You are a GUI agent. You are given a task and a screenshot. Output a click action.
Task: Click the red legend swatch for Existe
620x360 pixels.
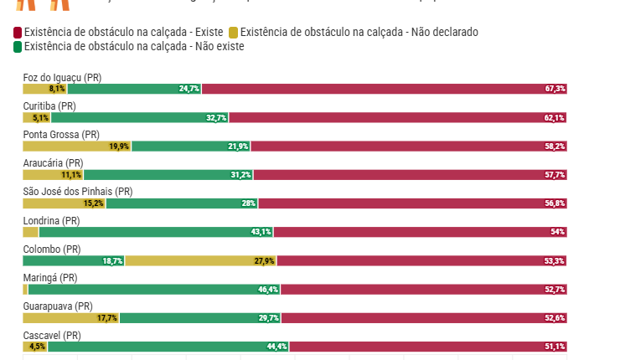click(x=18, y=33)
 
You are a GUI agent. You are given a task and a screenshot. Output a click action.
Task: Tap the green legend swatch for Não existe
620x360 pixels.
click(x=18, y=46)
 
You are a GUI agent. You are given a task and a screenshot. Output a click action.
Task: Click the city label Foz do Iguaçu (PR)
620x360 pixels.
click(x=62, y=78)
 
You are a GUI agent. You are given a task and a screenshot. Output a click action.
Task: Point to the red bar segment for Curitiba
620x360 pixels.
click(x=398, y=118)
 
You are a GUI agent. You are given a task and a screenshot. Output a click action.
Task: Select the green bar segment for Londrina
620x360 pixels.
click(x=156, y=232)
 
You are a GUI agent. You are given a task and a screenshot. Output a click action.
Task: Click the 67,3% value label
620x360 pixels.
click(x=555, y=89)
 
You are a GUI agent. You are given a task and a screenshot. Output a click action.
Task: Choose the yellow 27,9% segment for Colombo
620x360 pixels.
click(x=201, y=260)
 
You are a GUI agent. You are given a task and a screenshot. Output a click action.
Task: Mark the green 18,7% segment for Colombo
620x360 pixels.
click(x=74, y=260)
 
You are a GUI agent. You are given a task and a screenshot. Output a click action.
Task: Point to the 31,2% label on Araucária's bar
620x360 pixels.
click(x=240, y=175)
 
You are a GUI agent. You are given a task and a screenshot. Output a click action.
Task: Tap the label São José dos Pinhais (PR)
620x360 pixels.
click(x=77, y=192)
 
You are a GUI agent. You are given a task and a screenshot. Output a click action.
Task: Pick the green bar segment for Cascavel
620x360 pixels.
click(x=168, y=347)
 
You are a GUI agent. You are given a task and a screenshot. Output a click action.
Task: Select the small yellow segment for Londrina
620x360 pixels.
click(x=30, y=232)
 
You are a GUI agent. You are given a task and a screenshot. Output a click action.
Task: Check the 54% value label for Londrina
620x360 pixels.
click(x=558, y=232)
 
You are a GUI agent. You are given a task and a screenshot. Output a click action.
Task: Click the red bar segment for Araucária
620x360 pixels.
click(x=411, y=175)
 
